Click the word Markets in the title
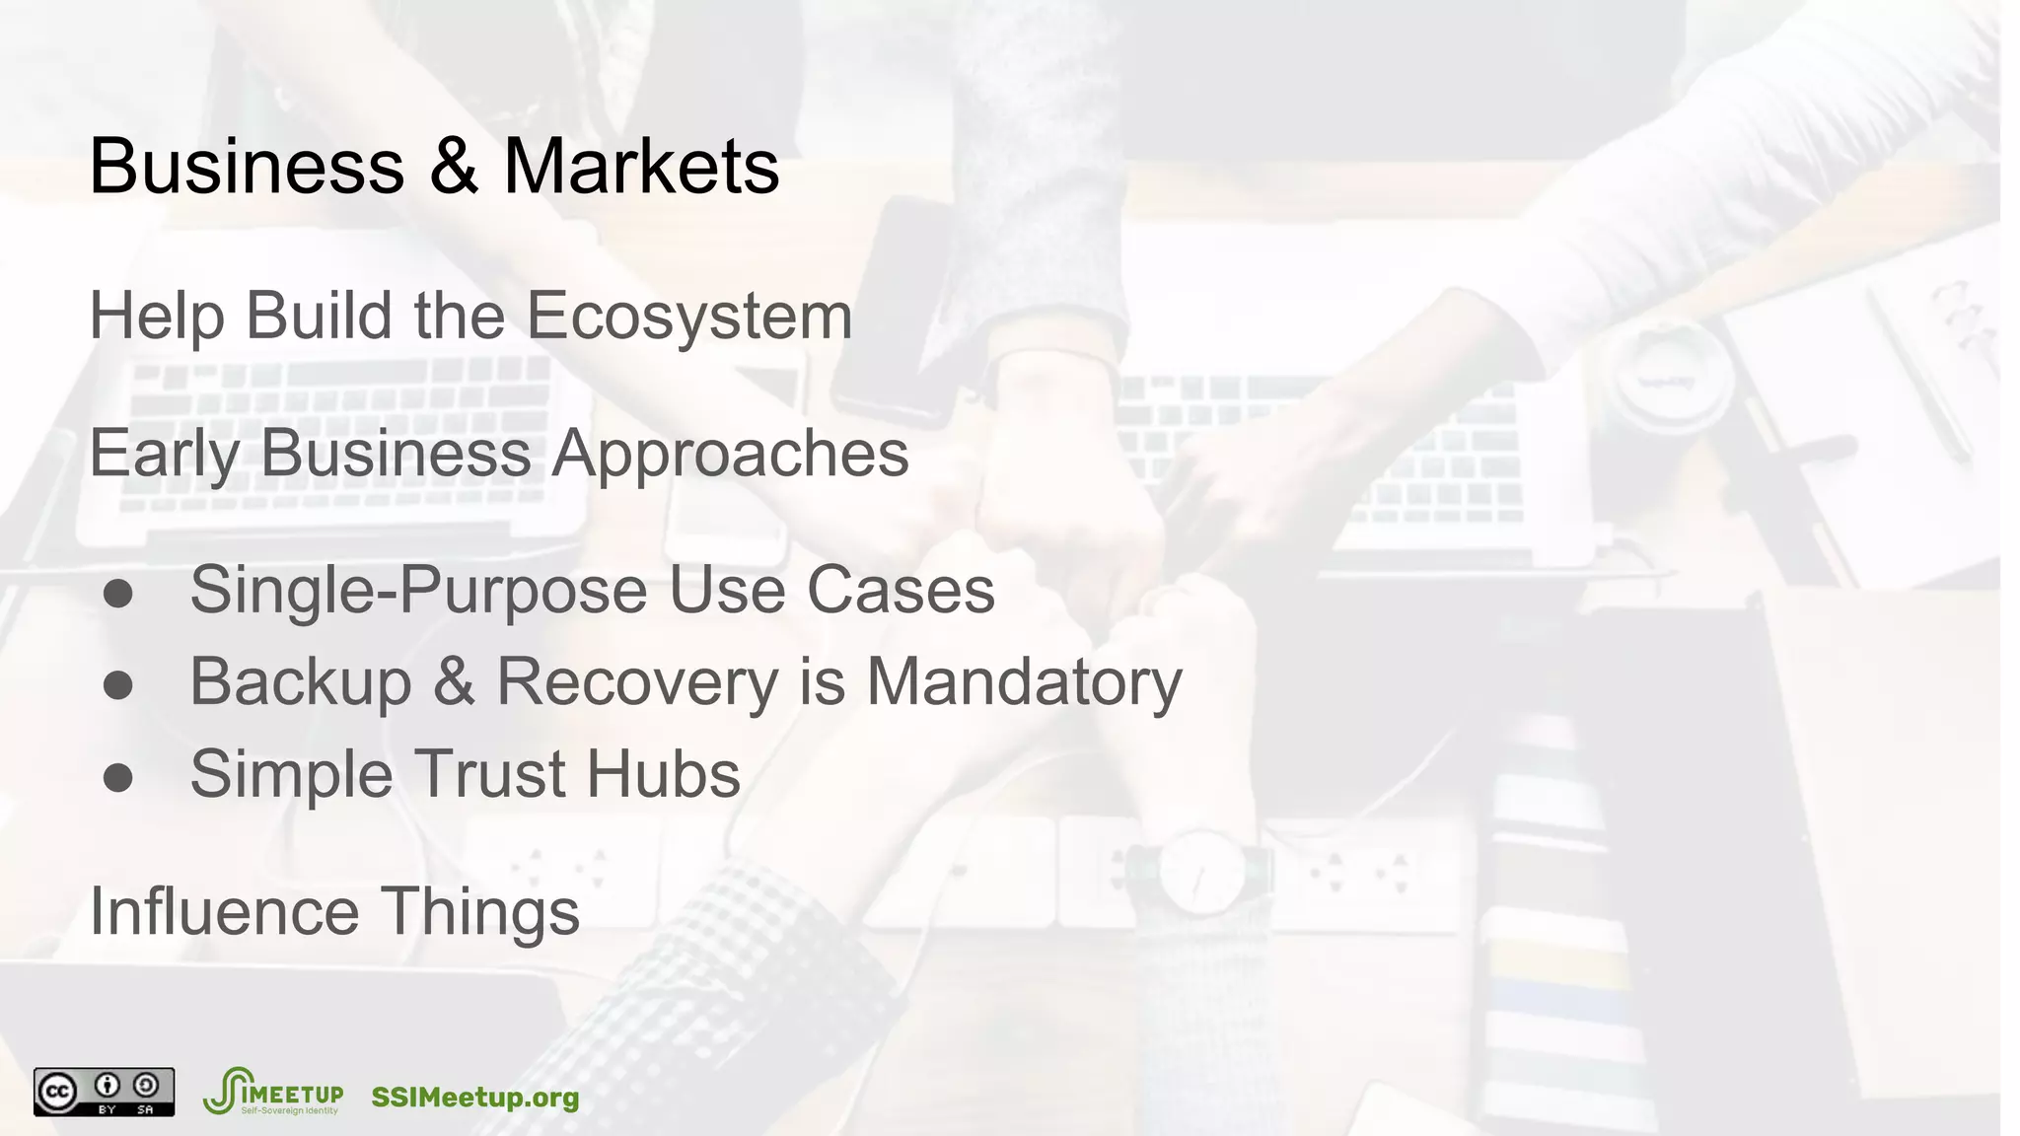[641, 166]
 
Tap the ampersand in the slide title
[453, 166]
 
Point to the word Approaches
[730, 454]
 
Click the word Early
[163, 454]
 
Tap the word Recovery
[637, 682]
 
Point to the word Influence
[224, 911]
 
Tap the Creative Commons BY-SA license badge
[104, 1092]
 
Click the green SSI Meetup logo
[272, 1091]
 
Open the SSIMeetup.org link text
[474, 1098]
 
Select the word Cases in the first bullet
[901, 591]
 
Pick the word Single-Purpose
[419, 593]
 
